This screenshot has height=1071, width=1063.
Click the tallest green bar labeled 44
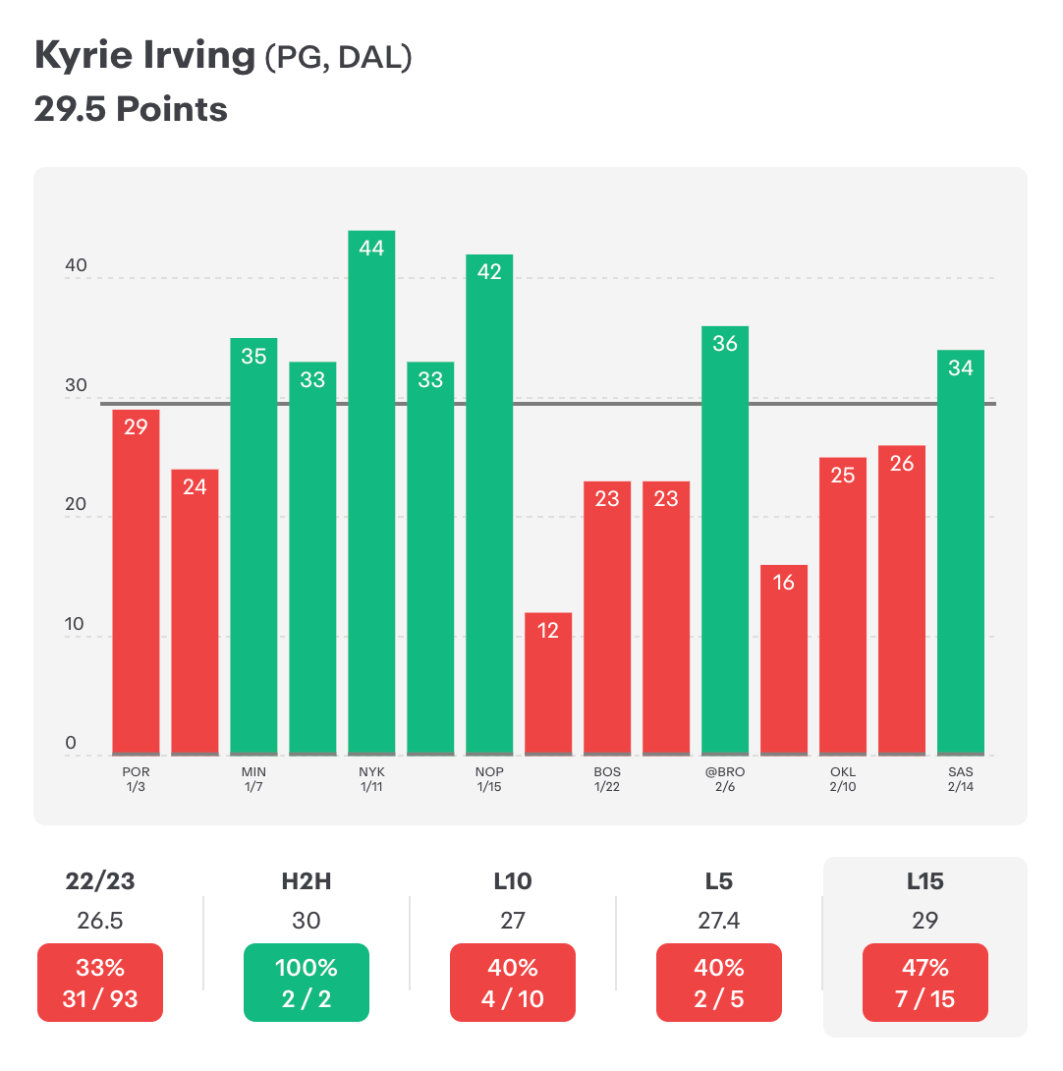(371, 491)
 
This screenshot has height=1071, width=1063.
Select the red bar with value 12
(548, 683)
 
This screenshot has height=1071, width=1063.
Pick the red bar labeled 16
(784, 658)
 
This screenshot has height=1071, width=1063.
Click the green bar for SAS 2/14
(961, 550)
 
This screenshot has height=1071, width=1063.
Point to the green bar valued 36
(725, 540)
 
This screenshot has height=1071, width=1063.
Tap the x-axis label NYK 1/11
(371, 779)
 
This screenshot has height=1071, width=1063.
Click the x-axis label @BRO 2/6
(725, 779)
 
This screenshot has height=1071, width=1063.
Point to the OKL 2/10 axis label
(843, 779)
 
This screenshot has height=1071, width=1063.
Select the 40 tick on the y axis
(77, 266)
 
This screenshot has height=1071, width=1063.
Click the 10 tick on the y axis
(77, 625)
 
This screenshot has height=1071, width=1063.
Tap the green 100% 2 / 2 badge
(307, 983)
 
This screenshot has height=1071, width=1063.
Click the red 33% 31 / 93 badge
(100, 983)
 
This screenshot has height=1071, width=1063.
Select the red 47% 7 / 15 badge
(924, 983)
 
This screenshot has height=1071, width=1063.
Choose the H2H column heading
(307, 881)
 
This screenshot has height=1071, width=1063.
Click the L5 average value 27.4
(719, 921)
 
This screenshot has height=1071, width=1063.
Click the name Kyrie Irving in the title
(143, 57)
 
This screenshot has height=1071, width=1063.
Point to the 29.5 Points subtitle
(131, 108)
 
